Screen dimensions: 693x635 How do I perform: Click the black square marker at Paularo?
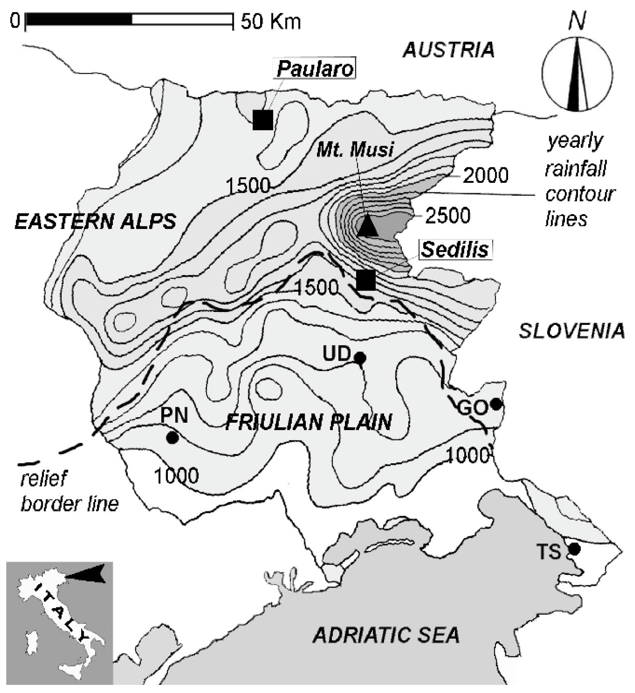tap(263, 120)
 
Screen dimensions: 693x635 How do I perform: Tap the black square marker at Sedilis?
tap(366, 280)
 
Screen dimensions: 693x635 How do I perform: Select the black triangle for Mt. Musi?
tap(367, 227)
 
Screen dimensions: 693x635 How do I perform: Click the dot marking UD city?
tap(360, 357)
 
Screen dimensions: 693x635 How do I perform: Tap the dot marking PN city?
tap(172, 438)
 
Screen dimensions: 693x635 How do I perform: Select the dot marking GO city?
tap(496, 404)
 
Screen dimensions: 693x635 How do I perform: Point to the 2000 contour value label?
tap(485, 175)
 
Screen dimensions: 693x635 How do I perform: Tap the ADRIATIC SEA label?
tap(386, 635)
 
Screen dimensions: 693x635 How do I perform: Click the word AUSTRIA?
tap(448, 50)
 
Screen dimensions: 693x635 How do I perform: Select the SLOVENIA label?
tap(572, 331)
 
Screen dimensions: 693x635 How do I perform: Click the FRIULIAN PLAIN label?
tap(308, 422)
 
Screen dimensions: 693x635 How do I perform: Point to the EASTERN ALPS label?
tap(95, 222)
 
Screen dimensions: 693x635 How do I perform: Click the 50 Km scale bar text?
tap(271, 21)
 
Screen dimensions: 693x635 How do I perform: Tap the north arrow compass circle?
tap(577, 74)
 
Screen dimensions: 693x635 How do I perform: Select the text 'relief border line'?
tap(69, 491)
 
